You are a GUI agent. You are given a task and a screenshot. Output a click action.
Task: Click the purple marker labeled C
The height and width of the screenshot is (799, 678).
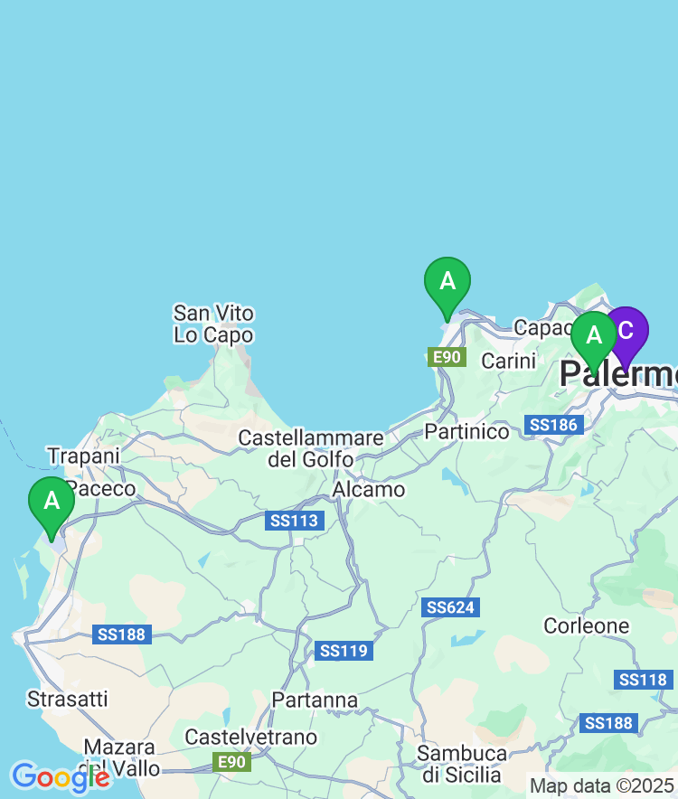coord(626,333)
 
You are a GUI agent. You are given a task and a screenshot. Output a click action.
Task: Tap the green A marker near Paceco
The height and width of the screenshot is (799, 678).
coord(52,503)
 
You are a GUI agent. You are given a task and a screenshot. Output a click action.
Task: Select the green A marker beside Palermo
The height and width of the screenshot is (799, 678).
coord(594,337)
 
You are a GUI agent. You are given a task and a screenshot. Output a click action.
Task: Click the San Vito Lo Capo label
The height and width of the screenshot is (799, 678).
coord(214,324)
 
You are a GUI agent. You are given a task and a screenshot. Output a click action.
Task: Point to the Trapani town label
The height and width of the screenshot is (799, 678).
coord(83,456)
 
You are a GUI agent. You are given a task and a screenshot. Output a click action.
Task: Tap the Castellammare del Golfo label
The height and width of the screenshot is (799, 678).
coord(311,448)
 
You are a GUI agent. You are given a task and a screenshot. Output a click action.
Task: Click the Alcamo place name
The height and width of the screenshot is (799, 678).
coord(369,489)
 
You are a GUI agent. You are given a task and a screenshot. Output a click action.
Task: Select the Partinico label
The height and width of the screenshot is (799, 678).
coord(466,431)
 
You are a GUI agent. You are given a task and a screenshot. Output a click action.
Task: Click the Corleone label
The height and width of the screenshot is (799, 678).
coord(586,625)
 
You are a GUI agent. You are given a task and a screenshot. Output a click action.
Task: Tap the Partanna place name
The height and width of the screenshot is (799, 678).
coord(315,700)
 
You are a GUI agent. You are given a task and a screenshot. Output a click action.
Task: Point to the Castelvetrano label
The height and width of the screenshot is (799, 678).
coord(250,738)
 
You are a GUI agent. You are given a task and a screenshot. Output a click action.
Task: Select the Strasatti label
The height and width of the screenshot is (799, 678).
coord(68,699)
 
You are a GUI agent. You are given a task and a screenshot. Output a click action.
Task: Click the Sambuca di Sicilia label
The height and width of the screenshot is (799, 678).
coord(462,764)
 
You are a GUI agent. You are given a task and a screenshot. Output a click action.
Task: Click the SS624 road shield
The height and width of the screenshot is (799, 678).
coord(451,607)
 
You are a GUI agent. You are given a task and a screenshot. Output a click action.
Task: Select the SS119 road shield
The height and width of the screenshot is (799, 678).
coord(344,651)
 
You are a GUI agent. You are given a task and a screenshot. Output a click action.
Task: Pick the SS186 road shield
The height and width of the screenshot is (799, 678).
coord(552,424)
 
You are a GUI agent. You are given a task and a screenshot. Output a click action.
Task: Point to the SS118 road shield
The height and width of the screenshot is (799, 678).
coord(643,680)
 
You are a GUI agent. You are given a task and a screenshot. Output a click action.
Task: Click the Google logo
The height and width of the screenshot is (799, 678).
coord(60,776)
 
